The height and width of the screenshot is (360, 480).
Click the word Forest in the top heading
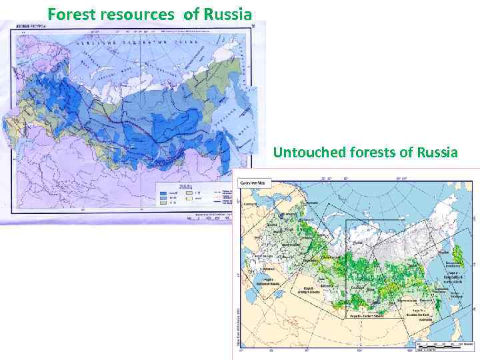(69, 13)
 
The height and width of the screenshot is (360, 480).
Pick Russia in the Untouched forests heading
(437, 153)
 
